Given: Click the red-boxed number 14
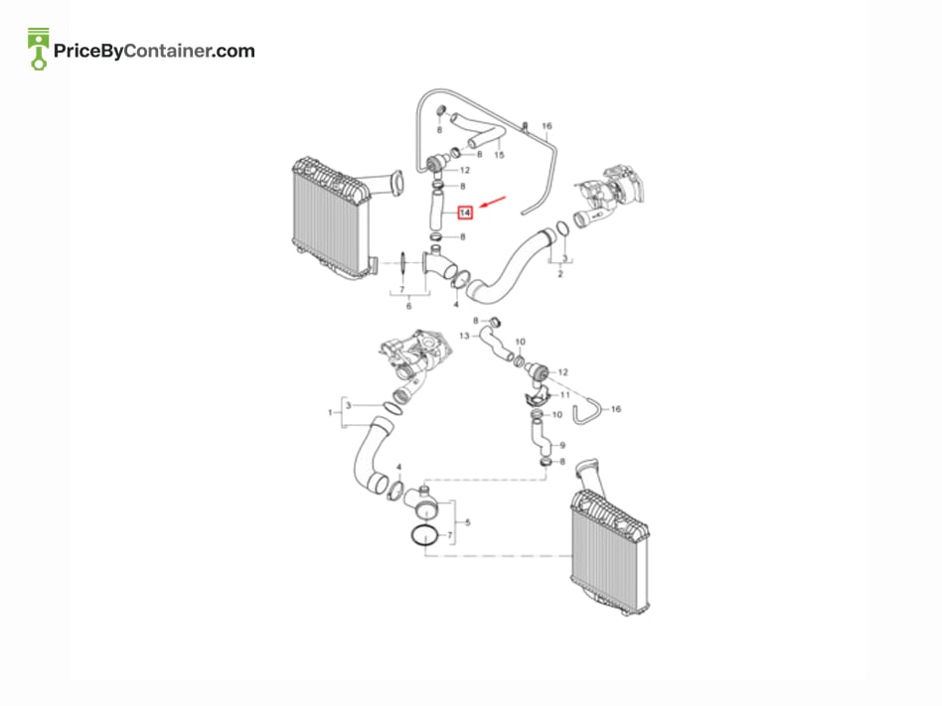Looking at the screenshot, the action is (x=465, y=212).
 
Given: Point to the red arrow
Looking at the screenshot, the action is (x=493, y=204).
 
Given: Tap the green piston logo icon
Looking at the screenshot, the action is (x=39, y=49).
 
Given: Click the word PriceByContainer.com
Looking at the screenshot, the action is (x=154, y=51).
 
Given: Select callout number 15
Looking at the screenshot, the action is (x=499, y=155).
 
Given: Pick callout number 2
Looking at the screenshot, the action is (x=560, y=274).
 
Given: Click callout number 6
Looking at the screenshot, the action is (x=409, y=306).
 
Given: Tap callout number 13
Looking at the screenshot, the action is (x=464, y=336).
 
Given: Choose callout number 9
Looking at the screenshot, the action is (x=562, y=446).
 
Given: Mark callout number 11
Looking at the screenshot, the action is (x=564, y=395).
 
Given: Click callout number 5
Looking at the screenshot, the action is (x=468, y=522).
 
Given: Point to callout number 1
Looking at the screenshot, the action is (x=331, y=412).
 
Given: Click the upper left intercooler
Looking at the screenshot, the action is (x=332, y=217).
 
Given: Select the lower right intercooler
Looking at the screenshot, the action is (x=610, y=553).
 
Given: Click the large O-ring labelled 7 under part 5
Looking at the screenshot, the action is (x=425, y=535).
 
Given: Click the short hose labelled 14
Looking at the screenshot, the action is (x=435, y=211).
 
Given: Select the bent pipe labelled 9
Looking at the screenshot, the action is (x=541, y=439).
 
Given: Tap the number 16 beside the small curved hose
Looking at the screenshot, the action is (x=616, y=409).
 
